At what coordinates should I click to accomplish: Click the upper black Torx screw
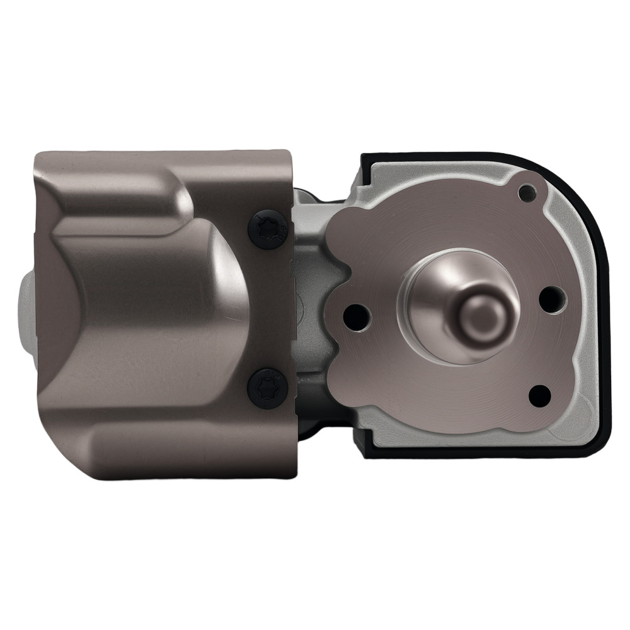[x=269, y=229]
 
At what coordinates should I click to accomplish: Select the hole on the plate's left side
[x=356, y=312]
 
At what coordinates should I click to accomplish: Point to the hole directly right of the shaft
[x=553, y=299]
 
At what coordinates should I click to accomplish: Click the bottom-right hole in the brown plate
[x=539, y=395]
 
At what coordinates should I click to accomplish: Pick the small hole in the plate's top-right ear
[x=527, y=193]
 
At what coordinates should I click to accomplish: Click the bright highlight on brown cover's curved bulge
[x=224, y=265]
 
